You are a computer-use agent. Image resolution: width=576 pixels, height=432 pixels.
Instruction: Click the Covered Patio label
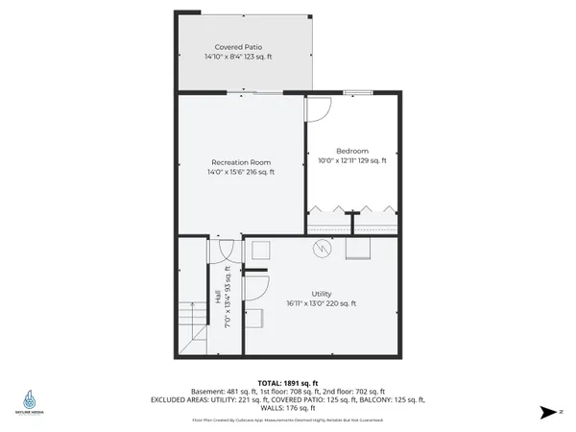pos(239,46)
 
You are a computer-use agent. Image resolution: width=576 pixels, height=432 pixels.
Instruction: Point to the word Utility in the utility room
pos(321,293)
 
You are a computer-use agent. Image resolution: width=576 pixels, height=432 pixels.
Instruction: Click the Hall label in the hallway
pos(218,299)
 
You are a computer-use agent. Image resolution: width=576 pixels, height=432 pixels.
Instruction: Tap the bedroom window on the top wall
pos(358,92)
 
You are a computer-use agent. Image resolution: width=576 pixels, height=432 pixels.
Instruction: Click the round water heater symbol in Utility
pos(324,249)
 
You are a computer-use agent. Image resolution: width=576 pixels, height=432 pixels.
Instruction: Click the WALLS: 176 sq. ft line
pos(287,409)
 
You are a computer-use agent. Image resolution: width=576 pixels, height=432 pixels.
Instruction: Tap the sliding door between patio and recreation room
pos(253,92)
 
